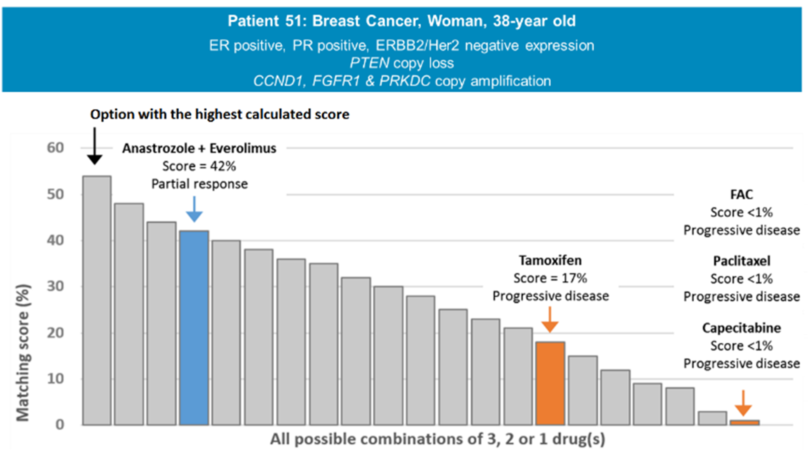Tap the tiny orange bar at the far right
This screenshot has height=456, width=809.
pos(745,422)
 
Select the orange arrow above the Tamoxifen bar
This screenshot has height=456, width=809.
pos(550,320)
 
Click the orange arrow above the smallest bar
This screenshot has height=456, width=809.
pos(743,404)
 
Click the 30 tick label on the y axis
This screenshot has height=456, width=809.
pos(55,286)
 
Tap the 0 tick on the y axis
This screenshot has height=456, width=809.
pos(60,425)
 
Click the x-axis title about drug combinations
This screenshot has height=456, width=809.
pos(437,439)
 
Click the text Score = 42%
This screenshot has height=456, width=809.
pos(199,166)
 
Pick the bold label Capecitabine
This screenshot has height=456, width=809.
pos(742,328)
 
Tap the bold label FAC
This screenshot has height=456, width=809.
pos(742,194)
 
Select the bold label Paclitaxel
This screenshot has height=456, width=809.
pos(742,261)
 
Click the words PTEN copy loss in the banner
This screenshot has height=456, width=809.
pos(402,63)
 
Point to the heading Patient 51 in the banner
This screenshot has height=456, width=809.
pos(402,21)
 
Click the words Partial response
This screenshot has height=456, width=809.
pos(199,184)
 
